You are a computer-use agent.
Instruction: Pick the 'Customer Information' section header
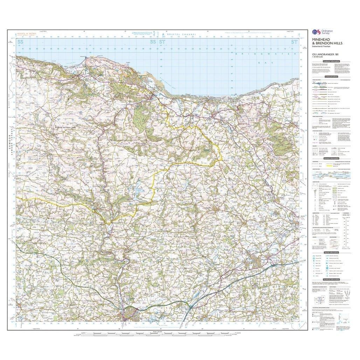tap(331, 61)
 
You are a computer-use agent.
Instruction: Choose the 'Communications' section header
tap(331, 76)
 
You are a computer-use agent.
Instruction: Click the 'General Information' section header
tap(331, 158)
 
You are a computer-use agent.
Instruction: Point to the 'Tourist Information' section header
tap(331, 252)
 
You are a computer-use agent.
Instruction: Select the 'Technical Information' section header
tap(331, 279)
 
